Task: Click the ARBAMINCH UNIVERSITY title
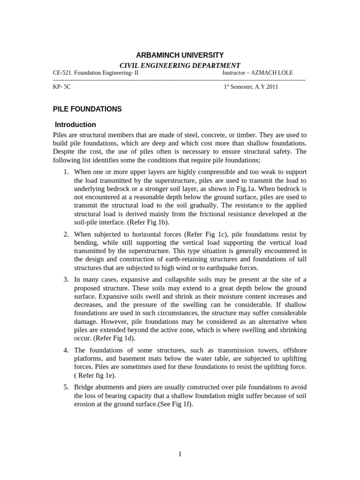180,55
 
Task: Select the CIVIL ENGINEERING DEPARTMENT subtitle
180,66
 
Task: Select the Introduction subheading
75,125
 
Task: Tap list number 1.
66,172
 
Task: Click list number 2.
66,233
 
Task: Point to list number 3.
66,279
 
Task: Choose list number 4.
66,350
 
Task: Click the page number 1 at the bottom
180,454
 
